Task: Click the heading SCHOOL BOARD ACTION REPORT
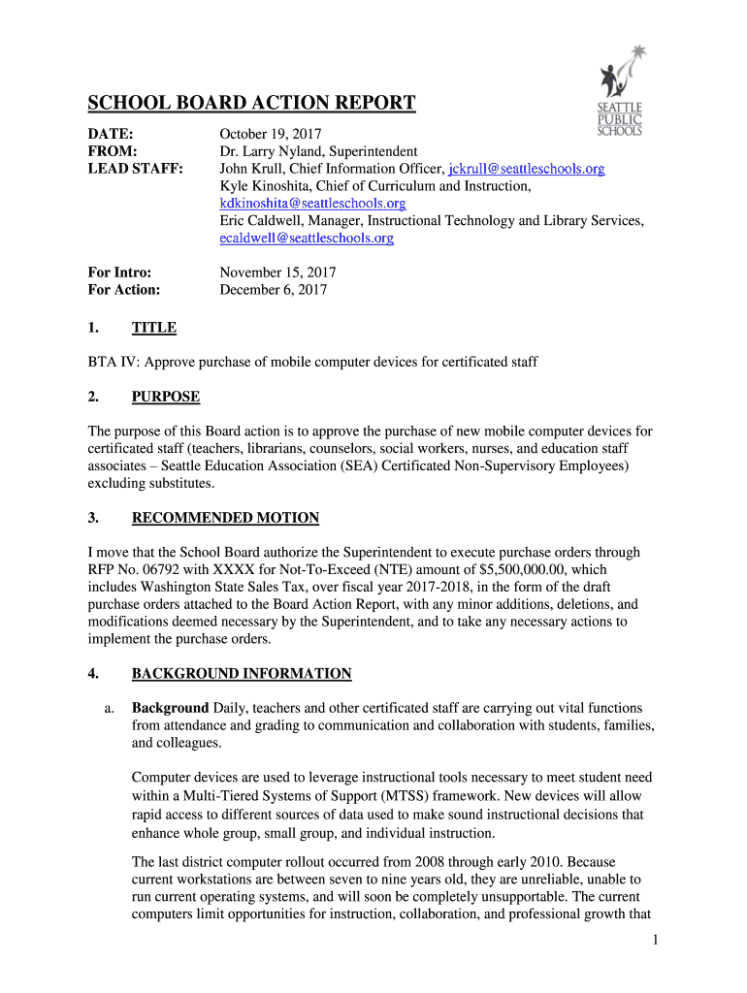252,104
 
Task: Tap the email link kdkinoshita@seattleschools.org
312,204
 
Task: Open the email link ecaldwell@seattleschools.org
307,239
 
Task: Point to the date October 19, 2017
271,134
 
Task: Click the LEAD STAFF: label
136,169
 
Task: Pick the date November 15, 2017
278,273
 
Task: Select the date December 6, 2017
274,290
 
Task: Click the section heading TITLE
154,328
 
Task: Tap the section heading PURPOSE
166,397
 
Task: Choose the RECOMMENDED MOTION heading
225,518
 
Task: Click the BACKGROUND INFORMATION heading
242,674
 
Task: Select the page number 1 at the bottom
657,940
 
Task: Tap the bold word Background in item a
170,708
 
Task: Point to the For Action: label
124,290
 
